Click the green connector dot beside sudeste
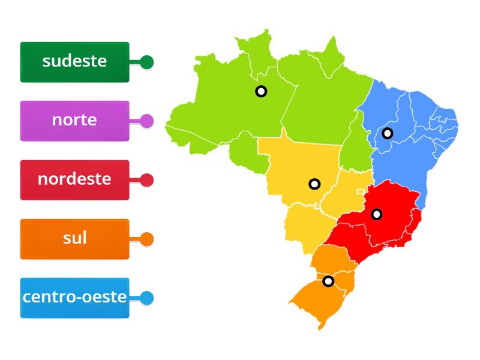(x=147, y=62)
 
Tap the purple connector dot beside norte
(x=147, y=121)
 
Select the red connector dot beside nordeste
(x=147, y=180)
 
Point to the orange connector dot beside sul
(x=147, y=239)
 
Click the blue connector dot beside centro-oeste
(x=147, y=298)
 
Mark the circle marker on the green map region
(x=261, y=91)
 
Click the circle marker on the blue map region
(x=388, y=133)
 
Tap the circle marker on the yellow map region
(x=314, y=184)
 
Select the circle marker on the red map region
(x=376, y=214)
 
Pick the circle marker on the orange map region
(x=328, y=281)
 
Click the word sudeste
(x=74, y=61)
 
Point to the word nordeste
(x=74, y=179)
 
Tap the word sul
(x=74, y=238)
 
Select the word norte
(x=74, y=119)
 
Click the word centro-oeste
(x=74, y=296)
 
